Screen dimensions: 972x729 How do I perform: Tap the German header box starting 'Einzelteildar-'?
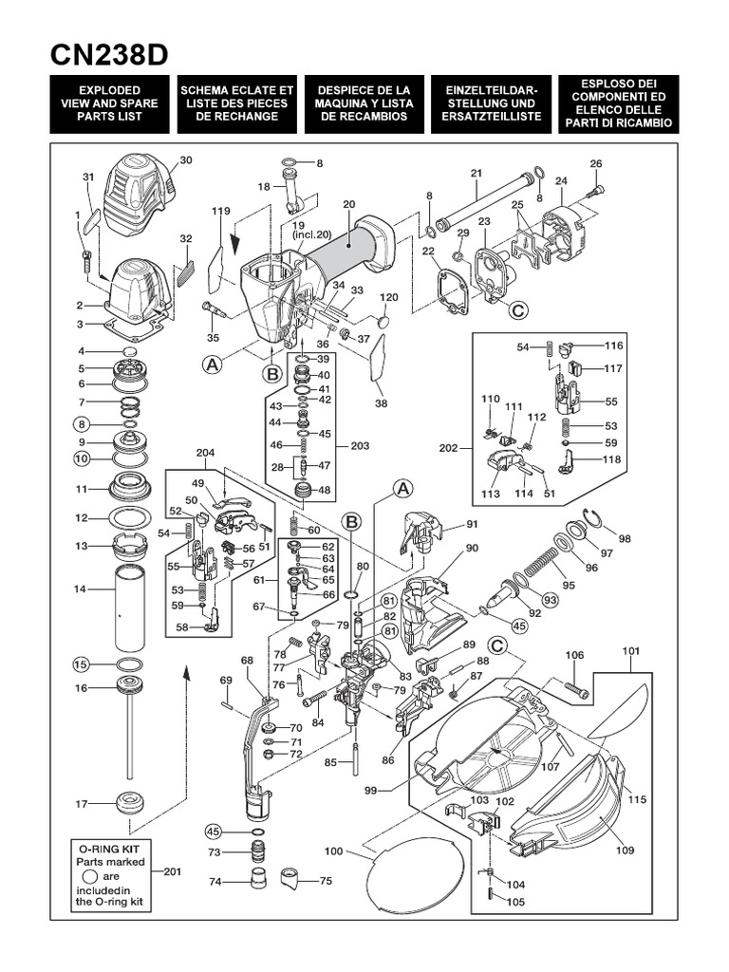pyautogui.click(x=491, y=104)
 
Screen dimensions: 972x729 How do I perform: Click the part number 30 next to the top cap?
pyautogui.click(x=185, y=160)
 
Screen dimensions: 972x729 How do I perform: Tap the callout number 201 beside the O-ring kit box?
pyautogui.click(x=172, y=871)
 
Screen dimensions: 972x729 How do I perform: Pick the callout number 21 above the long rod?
pyautogui.click(x=476, y=173)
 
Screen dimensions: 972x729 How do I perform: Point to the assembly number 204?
pyautogui.click(x=205, y=453)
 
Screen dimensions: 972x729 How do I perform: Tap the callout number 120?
pyautogui.click(x=389, y=298)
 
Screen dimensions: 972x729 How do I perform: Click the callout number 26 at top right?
pyautogui.click(x=596, y=164)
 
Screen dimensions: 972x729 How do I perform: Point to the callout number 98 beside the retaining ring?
pyautogui.click(x=624, y=539)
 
